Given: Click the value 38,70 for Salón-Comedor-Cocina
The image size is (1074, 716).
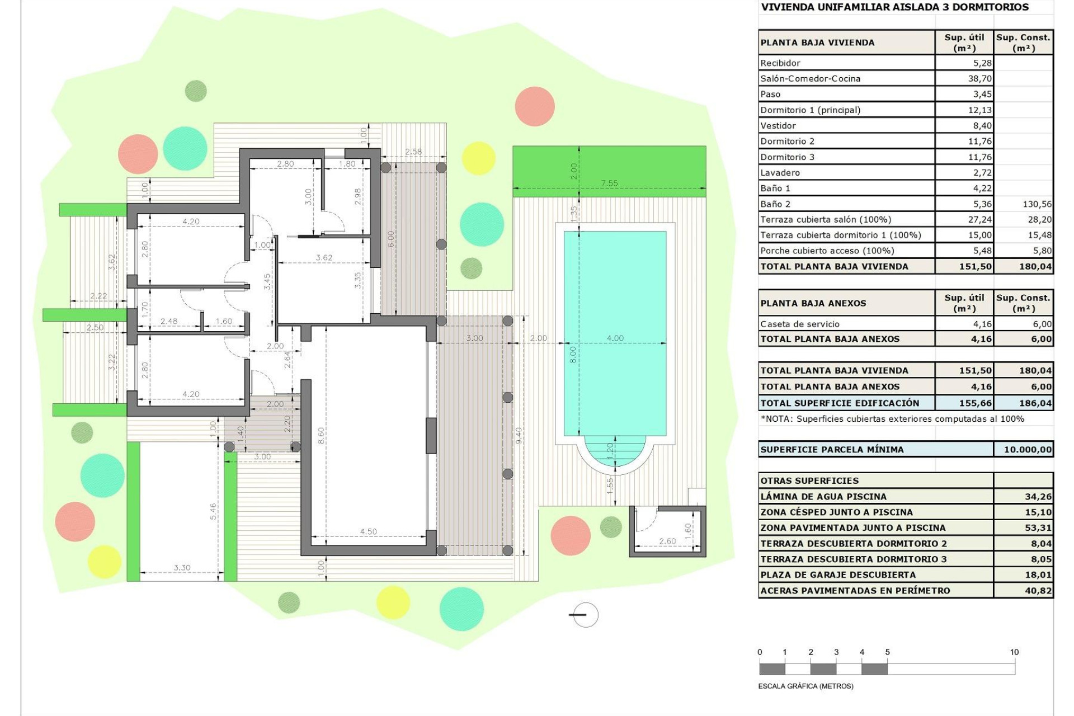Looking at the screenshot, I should pos(979,79).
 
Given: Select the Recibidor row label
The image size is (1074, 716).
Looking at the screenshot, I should pos(780,63).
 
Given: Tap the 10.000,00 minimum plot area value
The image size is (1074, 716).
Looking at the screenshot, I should pos(1027,449).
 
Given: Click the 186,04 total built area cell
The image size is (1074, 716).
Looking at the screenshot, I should pos(1035,403).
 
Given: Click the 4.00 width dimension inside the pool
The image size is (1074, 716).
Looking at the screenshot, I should pos(615,338).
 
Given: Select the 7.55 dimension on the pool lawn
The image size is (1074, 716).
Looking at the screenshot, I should pos(609,183).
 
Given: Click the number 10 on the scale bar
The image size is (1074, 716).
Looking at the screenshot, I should pos(1014,652).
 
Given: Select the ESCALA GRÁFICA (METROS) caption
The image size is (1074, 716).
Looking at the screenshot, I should pos(805,686).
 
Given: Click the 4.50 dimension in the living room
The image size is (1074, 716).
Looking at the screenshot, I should pos(368,531).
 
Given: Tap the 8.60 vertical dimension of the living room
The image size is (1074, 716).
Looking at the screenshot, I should pos(321,436).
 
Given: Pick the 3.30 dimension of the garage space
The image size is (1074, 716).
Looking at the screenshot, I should pos(182,567).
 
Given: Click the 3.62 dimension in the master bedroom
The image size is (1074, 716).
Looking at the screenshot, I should pos(324,258).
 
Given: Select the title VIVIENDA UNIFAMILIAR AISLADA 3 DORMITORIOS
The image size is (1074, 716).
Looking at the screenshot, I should pos(894,7).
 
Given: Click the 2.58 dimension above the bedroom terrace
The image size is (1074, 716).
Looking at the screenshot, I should pos(413,152).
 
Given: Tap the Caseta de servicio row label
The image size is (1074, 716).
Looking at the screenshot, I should pos(799,324).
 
